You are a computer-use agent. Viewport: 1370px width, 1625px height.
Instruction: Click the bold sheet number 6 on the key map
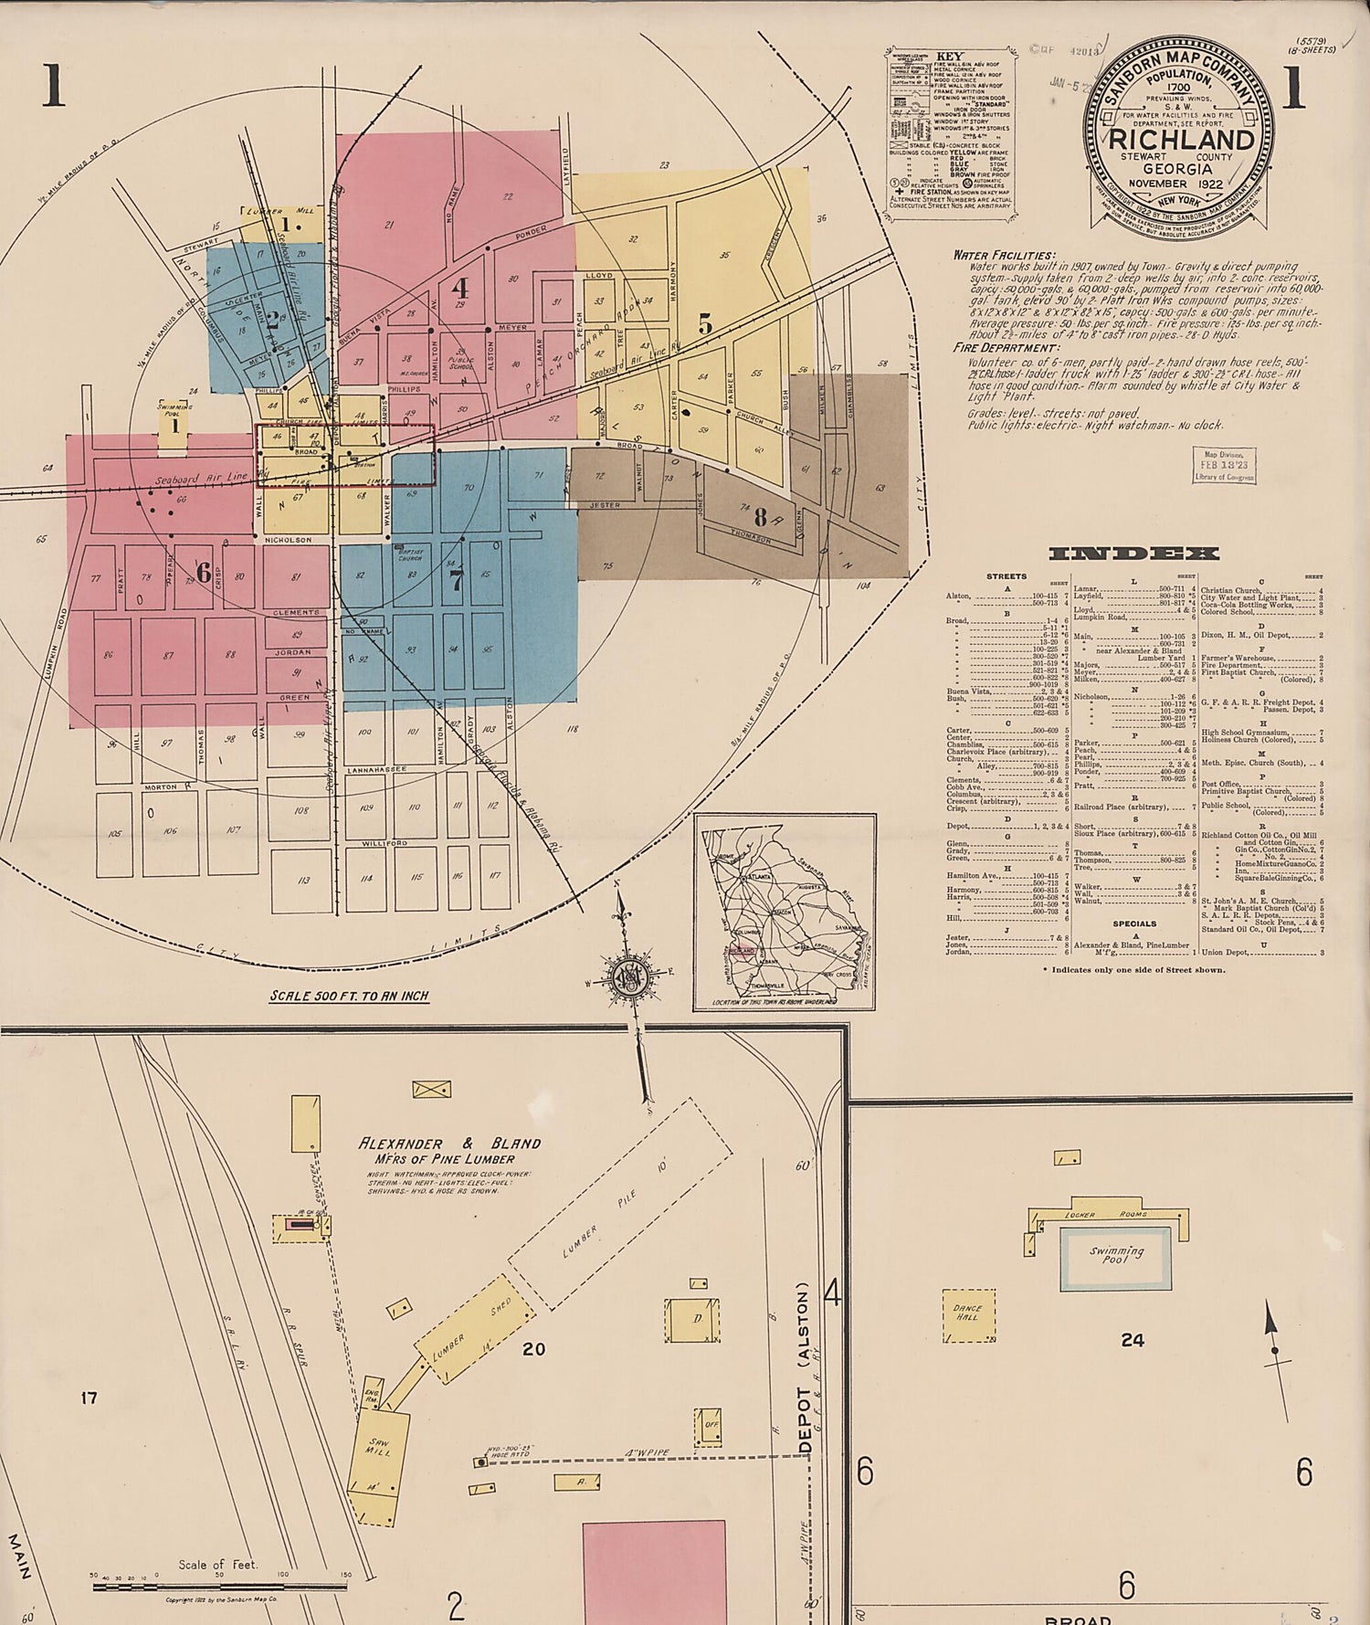203,573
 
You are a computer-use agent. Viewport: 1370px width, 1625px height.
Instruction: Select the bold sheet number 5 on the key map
705,323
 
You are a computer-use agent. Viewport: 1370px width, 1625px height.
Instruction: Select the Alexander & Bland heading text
449,1144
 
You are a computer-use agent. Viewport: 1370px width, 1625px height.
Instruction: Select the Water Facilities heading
1004,255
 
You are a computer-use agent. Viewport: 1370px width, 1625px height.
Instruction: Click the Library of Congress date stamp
1226,465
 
